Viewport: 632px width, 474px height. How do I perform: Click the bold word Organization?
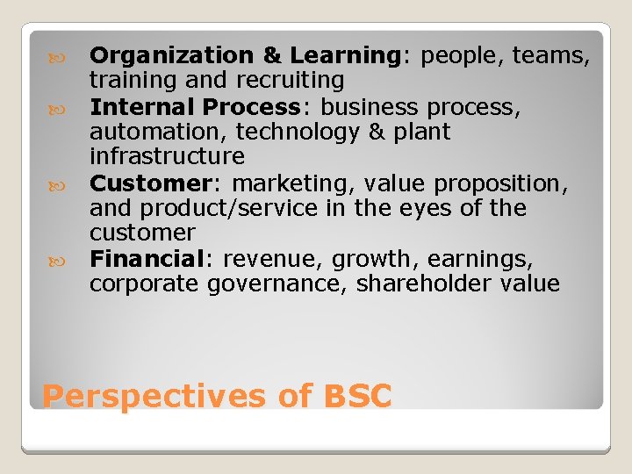[171, 56]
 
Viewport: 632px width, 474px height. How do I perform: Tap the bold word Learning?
[345, 56]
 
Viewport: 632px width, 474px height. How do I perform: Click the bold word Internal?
[143, 107]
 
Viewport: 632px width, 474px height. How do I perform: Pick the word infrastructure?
[167, 157]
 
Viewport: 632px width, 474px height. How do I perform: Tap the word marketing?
[286, 183]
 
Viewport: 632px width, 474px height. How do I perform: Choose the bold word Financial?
[147, 260]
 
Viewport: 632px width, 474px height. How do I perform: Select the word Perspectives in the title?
[154, 397]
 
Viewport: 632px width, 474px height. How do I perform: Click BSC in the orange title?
[357, 396]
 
